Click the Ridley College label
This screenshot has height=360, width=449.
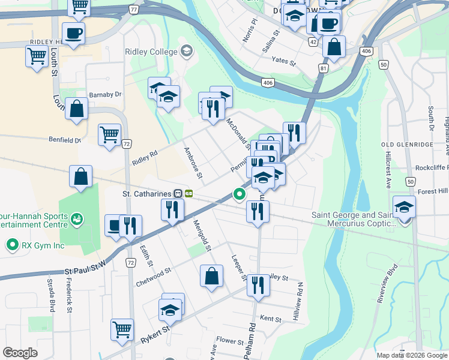[x=151, y=52]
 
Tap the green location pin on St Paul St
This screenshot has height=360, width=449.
[x=240, y=194]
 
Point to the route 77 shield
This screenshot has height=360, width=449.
[x=133, y=10]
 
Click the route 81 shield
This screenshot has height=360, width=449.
[x=324, y=69]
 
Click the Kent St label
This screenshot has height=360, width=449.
[x=271, y=319]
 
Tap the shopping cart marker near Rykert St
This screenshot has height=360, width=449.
[x=122, y=329]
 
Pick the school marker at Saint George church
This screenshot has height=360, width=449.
[x=405, y=207]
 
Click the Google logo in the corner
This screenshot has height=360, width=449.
[x=20, y=353]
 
